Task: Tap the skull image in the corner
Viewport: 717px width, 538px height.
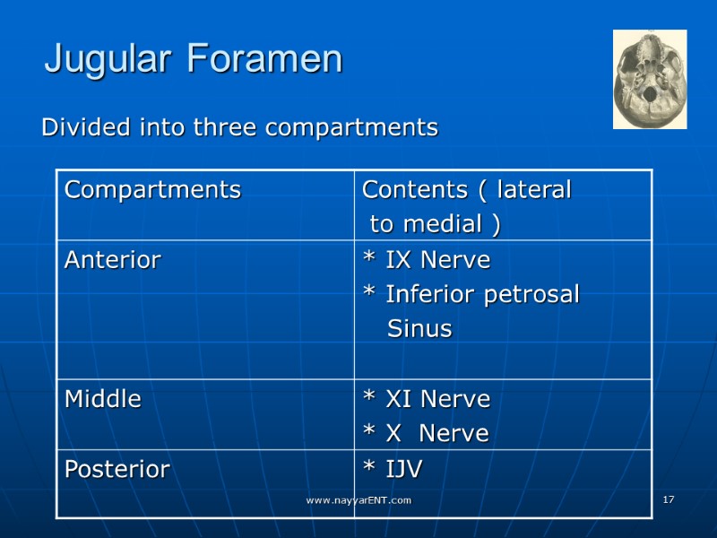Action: point(649,79)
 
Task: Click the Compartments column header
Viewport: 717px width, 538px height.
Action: point(152,190)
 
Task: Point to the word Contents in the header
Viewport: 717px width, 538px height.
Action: point(413,190)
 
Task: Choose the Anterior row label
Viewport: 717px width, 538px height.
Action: point(113,261)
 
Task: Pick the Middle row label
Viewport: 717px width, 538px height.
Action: point(103,399)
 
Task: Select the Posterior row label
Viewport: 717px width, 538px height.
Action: point(117,469)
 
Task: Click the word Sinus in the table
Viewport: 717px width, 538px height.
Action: point(419,329)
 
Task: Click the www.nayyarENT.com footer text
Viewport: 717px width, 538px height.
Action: point(358,499)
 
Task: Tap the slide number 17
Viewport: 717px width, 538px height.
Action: point(668,499)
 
